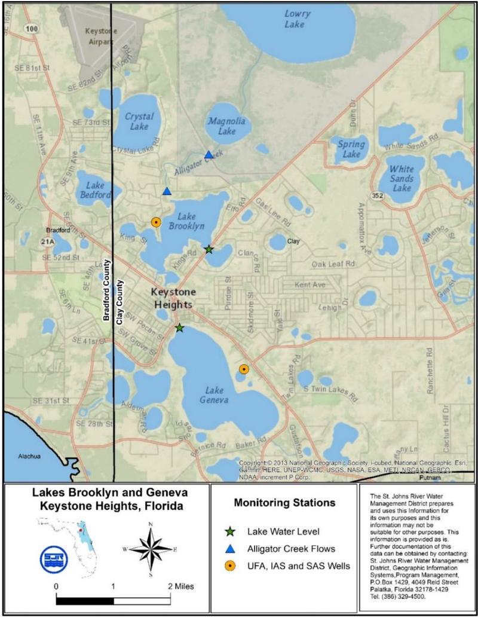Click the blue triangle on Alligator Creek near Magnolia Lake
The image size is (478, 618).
click(209, 155)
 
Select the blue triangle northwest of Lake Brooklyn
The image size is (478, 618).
click(167, 191)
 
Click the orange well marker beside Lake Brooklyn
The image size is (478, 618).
click(156, 222)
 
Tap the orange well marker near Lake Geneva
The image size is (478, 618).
click(244, 369)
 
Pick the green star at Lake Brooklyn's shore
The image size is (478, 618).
click(209, 249)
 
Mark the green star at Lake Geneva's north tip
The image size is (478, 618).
click(179, 328)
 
